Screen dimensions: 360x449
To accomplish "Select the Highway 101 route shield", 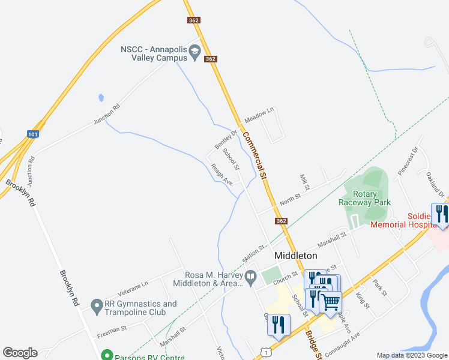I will click(33, 134).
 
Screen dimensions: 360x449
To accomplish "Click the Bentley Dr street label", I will click(226, 139).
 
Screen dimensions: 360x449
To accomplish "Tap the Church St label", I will click(285, 276).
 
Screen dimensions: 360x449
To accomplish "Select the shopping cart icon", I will click(330, 301).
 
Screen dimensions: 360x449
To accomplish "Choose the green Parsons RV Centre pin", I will click(107, 355).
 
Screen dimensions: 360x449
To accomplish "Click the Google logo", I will click(20, 353).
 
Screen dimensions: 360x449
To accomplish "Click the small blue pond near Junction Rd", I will click(101, 97).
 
